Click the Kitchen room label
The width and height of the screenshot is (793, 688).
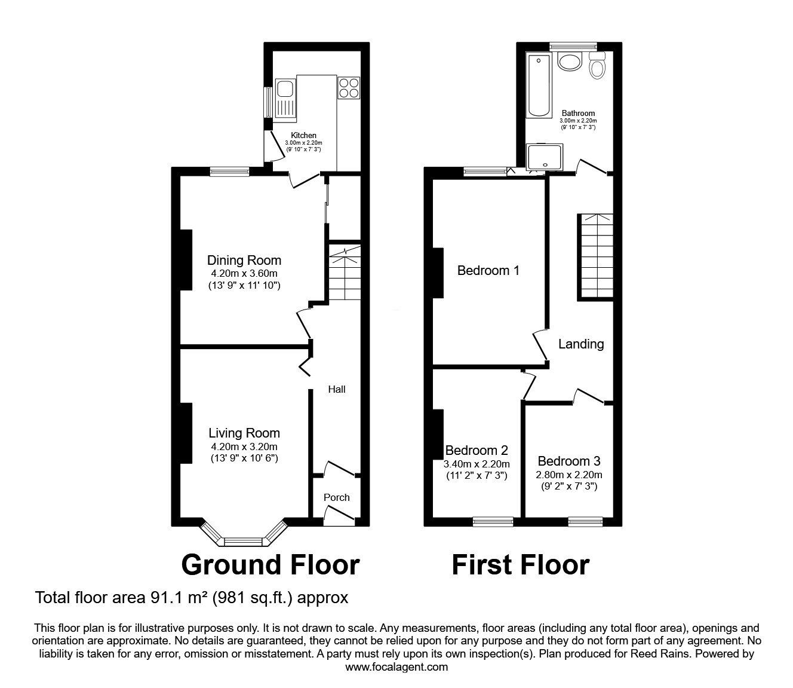(303, 135)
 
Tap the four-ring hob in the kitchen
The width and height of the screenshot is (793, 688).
(349, 88)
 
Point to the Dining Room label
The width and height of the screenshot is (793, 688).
(244, 261)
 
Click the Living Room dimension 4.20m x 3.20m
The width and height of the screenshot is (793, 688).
(244, 447)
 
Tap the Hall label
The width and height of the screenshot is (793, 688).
(336, 389)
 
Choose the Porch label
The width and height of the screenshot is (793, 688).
(336, 497)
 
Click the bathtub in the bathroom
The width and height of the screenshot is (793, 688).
(539, 85)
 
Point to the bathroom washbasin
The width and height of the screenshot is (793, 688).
(570, 62)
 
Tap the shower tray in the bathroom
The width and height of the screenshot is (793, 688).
(545, 157)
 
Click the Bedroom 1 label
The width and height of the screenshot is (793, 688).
(488, 270)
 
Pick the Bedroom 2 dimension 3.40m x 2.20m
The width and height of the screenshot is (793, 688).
(477, 464)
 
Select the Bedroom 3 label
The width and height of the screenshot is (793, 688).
(569, 461)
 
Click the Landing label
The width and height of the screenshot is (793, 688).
(581, 344)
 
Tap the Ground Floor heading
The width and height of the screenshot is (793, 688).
(271, 565)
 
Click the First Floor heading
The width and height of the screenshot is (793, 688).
(521, 565)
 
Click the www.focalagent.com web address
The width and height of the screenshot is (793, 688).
(396, 667)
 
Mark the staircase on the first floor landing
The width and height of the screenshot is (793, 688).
(595, 257)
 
